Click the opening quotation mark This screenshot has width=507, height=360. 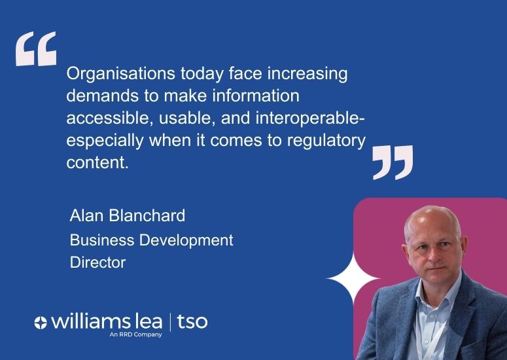(x=36, y=49)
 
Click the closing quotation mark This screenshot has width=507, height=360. (x=393, y=162)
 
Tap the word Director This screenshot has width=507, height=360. (x=97, y=262)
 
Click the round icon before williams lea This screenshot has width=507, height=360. (x=41, y=322)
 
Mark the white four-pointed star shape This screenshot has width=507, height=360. (x=353, y=279)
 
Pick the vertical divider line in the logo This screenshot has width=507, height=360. (x=171, y=321)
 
